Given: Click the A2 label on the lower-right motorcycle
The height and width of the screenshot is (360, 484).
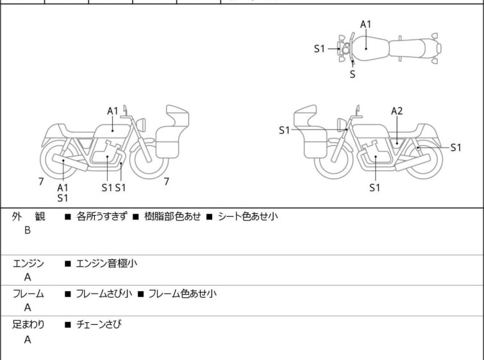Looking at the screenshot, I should coord(397,111).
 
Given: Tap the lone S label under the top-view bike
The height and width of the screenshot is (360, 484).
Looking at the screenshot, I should coord(352,74).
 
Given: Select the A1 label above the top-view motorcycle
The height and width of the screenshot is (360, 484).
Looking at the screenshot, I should coord(365,24).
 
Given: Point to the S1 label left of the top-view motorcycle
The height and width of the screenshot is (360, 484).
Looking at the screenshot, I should coord(320,48).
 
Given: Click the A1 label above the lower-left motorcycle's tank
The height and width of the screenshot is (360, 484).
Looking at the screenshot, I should coord(113,111).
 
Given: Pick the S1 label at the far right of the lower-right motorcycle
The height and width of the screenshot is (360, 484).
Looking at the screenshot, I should coord(455,147).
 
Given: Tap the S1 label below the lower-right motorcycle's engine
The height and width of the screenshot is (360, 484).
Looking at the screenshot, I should coord(375,188).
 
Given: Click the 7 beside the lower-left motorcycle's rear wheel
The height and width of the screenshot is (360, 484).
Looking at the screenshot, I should coord(41,182).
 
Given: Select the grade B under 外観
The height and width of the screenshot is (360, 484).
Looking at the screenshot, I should coord(28,230).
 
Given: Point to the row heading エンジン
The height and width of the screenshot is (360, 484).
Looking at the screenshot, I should coord(29,263).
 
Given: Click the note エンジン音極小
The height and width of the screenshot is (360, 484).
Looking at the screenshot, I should coord(106,263).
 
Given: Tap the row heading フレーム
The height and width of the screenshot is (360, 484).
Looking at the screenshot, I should coord(29,294).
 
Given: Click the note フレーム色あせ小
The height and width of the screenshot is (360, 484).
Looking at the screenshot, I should coord(182,294).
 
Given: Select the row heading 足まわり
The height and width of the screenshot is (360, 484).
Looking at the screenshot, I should coord(29,325).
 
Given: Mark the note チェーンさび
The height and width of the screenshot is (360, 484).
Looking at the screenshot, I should coord(98,325).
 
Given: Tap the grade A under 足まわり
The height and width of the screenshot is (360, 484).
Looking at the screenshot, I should coord(28,339).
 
